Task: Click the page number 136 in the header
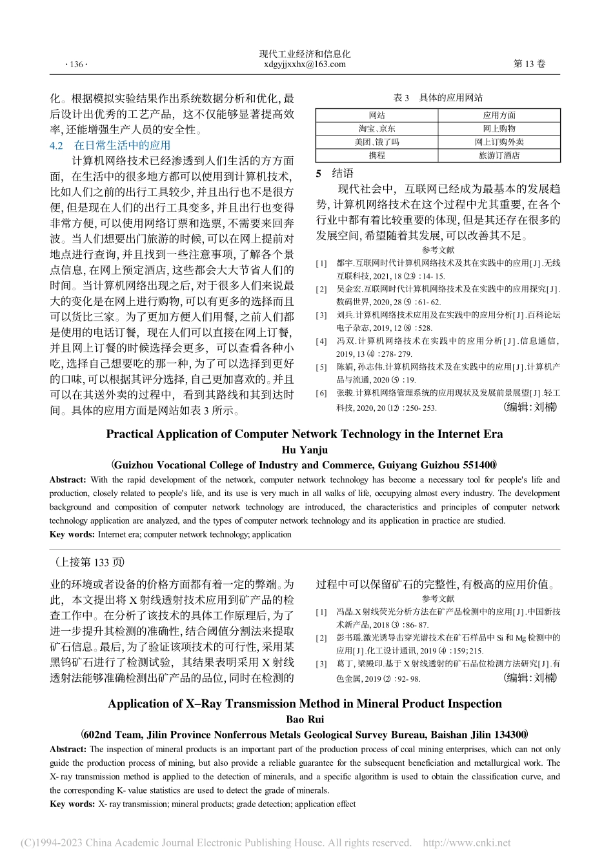coord(76,65)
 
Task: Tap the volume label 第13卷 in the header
coord(528,64)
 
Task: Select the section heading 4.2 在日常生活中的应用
coord(110,145)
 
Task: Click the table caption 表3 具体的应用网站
coord(438,97)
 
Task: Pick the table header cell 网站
coord(377,115)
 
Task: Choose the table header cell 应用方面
coord(499,115)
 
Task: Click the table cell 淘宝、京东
coord(377,128)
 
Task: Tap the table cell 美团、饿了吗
coord(377,142)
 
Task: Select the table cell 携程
coord(377,155)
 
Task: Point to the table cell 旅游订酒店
coord(499,155)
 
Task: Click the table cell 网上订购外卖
coord(499,142)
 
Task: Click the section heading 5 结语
coord(335,174)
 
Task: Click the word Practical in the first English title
coord(130,434)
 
